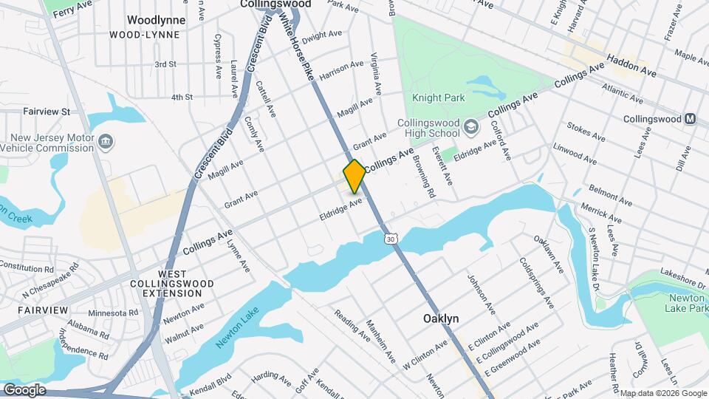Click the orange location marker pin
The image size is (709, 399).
coord(354,176)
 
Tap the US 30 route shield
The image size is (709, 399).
coord(391,238)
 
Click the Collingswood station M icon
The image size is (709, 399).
coord(691,119)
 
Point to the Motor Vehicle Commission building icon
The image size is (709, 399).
coord(105,140)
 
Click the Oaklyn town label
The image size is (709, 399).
coord(441,318)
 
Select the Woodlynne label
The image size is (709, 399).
coord(156,20)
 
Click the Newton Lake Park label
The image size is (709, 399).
coord(687,302)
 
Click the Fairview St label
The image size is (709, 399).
coord(46,112)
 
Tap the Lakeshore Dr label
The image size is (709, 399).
coord(684,276)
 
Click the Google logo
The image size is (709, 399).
coord(24,389)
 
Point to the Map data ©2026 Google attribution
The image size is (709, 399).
coord(663,393)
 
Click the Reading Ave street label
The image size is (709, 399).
coord(353,326)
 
